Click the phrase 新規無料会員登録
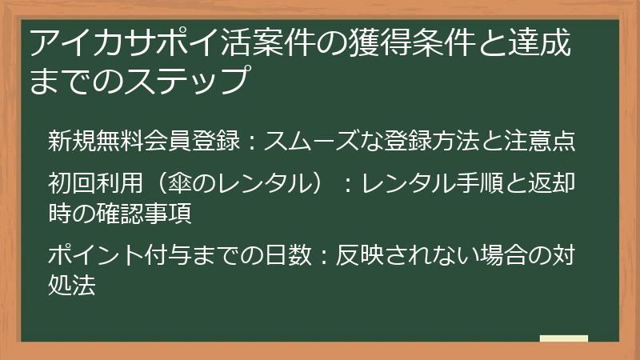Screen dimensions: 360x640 click(x=142, y=141)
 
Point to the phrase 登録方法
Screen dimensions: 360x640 click(x=442, y=141)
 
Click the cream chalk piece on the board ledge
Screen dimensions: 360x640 click(x=564, y=338)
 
